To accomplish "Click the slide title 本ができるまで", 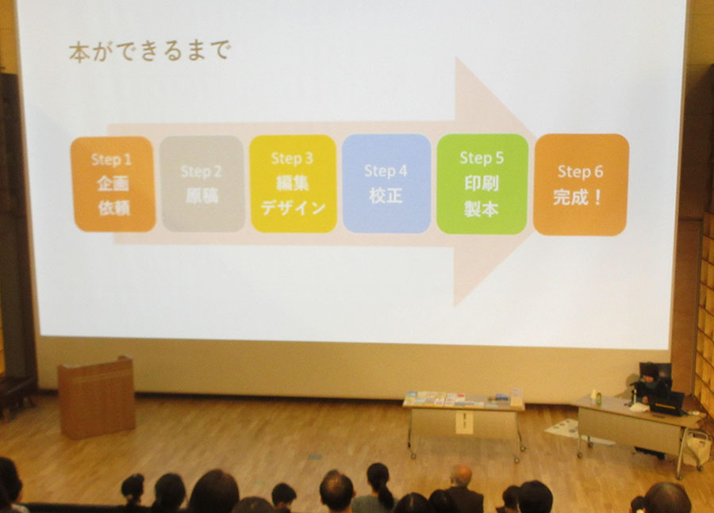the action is [150, 51].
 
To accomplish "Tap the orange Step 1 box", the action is [113, 184].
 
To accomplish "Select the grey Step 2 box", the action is [202, 183].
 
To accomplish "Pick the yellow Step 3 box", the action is [294, 183].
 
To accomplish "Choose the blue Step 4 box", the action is [386, 183].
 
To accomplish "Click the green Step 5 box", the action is [482, 184].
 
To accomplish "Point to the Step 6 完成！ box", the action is [581, 185].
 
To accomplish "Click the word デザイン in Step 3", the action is [294, 208].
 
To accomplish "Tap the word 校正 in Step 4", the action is [386, 196].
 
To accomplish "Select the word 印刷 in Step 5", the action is [482, 183].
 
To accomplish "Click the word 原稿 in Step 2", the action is [202, 195].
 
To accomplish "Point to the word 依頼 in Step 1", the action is [113, 208].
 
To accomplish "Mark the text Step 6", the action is [580, 171].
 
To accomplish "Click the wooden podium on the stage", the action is [97, 397].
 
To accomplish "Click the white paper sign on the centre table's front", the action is [464, 423].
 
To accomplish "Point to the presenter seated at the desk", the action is [649, 387].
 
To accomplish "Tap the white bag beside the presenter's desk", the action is [698, 447].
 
